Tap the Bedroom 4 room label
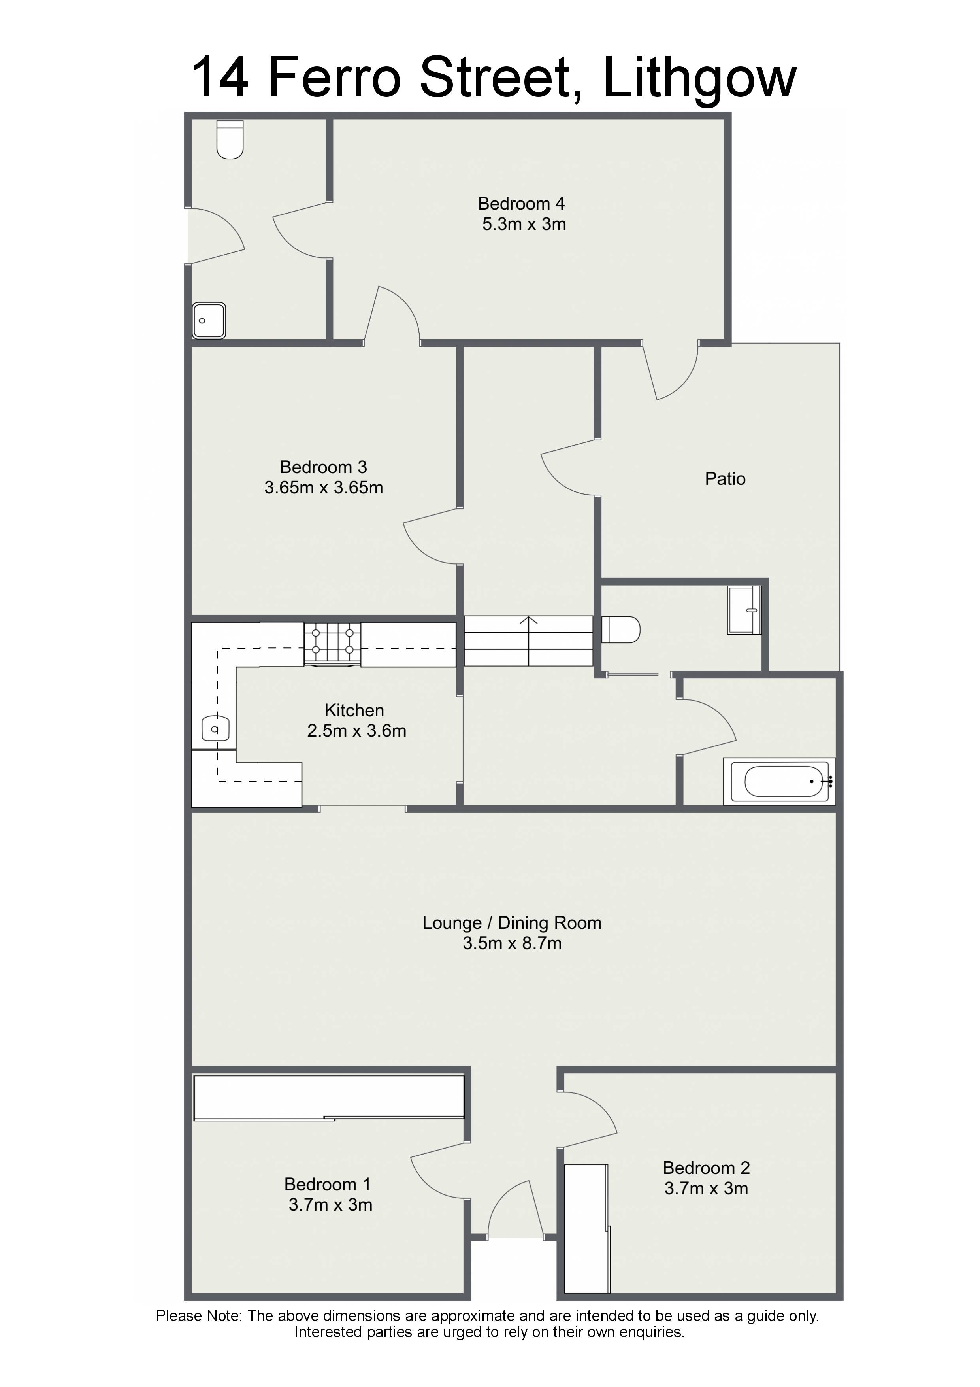pyautogui.click(x=521, y=204)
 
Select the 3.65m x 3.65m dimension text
pyautogui.click(x=324, y=488)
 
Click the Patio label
pyautogui.click(x=725, y=479)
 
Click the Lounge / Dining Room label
pyautogui.click(x=512, y=923)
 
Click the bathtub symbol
pyautogui.click(x=780, y=781)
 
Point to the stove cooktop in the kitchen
pyautogui.click(x=332, y=644)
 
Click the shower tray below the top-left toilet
pyautogui.click(x=209, y=321)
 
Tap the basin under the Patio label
pyautogui.click(x=744, y=610)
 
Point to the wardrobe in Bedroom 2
pyautogui.click(x=586, y=1229)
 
